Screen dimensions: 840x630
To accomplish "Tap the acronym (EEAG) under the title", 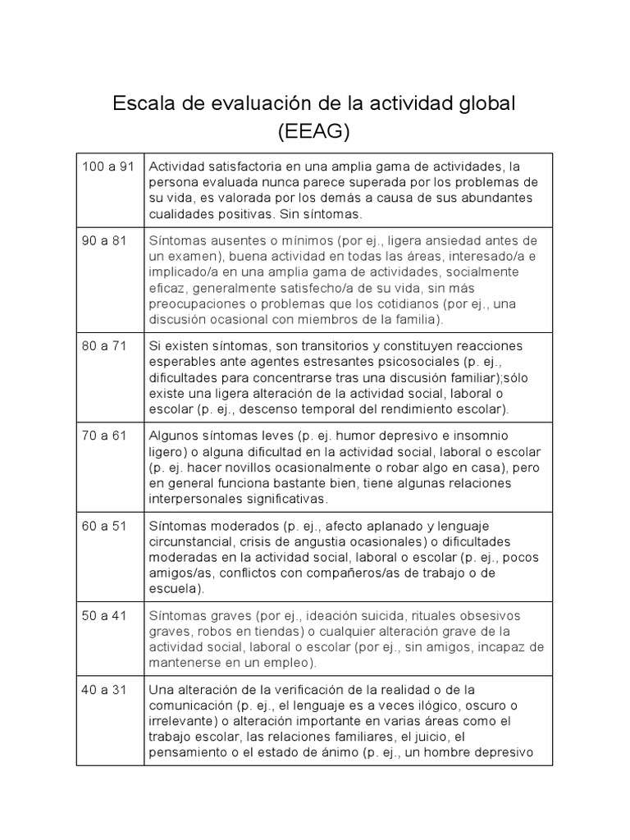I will [x=314, y=130].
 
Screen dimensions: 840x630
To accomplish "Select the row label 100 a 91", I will [x=107, y=167].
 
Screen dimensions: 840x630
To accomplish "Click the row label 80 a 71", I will [x=104, y=345].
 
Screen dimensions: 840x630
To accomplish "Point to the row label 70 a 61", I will [x=104, y=436].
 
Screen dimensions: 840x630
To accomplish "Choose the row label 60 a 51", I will [x=104, y=526].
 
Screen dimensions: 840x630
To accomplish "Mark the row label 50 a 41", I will [x=104, y=615].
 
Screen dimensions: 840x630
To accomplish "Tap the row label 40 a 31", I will [x=104, y=690].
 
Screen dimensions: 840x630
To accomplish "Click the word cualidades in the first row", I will [x=180, y=213].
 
